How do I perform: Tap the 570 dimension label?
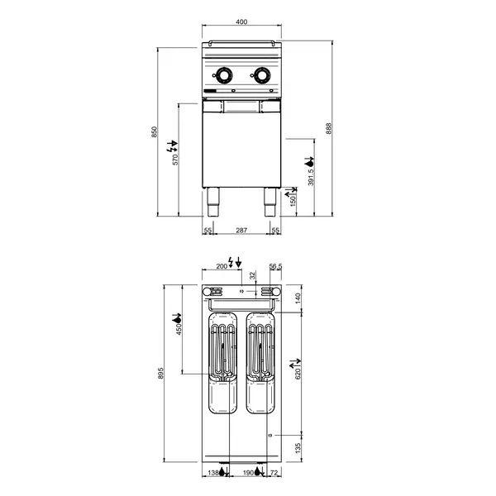[175, 159]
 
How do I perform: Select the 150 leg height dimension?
[293, 200]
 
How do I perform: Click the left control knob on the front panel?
[224, 75]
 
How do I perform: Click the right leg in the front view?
[270, 202]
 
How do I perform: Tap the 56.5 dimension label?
[276, 266]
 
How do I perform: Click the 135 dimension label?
[299, 446]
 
